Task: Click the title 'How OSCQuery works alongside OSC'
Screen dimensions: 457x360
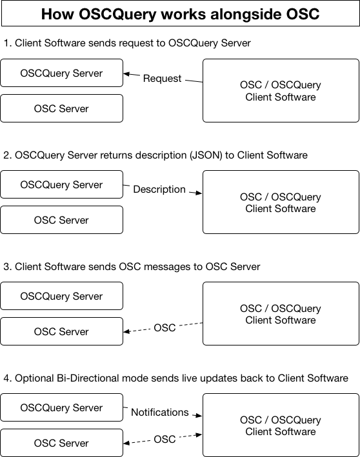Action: (180, 14)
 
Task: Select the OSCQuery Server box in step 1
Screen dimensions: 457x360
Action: (61, 73)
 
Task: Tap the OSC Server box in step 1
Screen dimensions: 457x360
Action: (61, 108)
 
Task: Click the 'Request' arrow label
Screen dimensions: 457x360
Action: (162, 78)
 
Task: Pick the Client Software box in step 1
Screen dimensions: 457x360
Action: (281, 91)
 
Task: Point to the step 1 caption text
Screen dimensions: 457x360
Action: (127, 43)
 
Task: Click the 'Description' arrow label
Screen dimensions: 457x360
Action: (159, 190)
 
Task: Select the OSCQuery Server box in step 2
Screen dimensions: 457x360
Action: (61, 184)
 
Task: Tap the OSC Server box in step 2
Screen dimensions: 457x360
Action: (61, 220)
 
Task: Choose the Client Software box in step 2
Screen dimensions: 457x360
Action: (281, 202)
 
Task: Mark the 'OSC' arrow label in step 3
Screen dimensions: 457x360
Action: (165, 328)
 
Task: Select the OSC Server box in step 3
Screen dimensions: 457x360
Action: (61, 331)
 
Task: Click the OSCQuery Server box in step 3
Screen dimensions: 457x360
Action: (61, 296)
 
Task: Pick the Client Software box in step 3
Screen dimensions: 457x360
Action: (281, 314)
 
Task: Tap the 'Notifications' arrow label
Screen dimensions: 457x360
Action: (159, 412)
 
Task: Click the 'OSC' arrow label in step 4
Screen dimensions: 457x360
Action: (165, 440)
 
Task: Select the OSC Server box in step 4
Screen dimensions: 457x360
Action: (61, 443)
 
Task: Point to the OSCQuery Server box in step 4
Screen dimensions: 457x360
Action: (61, 407)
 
